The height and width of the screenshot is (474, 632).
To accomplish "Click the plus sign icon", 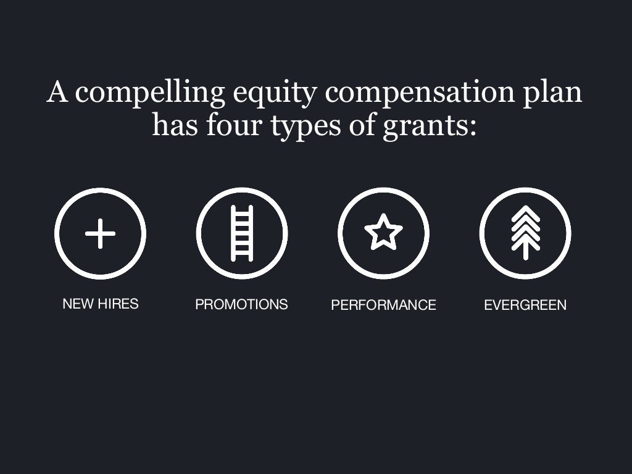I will [x=100, y=234].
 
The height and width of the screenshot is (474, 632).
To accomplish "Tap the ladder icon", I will [x=242, y=234].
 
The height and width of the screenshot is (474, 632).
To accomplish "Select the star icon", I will [x=383, y=233].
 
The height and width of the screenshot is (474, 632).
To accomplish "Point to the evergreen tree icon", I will [x=525, y=233].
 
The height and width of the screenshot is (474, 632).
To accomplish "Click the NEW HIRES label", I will [x=101, y=304].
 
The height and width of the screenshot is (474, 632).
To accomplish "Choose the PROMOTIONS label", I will [x=241, y=304].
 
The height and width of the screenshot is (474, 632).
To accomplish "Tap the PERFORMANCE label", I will [x=383, y=305].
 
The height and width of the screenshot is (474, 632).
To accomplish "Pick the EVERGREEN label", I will [x=525, y=305].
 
